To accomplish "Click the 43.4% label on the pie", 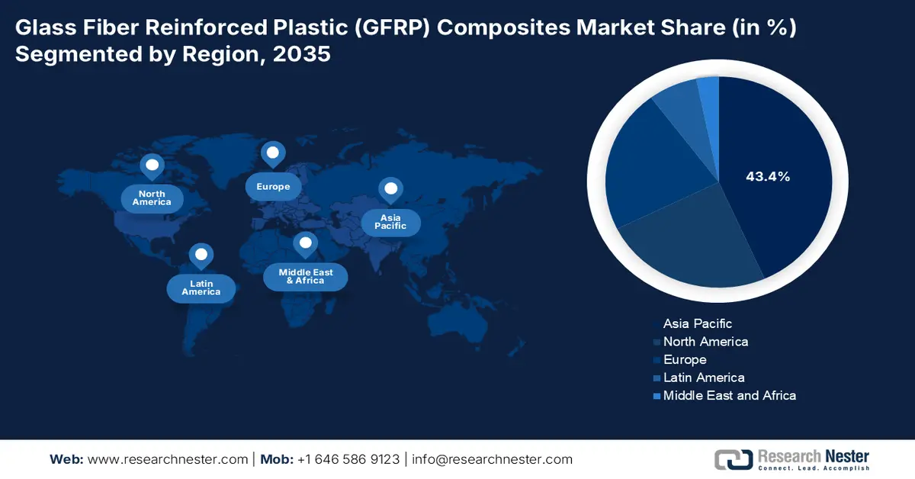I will pyautogui.click(x=767, y=176).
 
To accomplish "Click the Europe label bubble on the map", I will pyautogui.click(x=273, y=187).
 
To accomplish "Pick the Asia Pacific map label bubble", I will pyautogui.click(x=390, y=222).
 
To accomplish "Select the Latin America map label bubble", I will pyautogui.click(x=201, y=288).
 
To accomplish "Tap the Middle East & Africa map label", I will pyautogui.click(x=305, y=277).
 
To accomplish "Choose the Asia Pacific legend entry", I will pyautogui.click(x=697, y=323).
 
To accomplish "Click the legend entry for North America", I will pyautogui.click(x=705, y=342).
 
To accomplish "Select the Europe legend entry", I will pyautogui.click(x=684, y=359).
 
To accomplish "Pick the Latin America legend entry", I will pyautogui.click(x=703, y=378).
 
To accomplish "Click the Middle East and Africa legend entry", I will pyautogui.click(x=728, y=395).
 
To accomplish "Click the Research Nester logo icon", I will pyautogui.click(x=733, y=458).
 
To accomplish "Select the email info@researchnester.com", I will pyautogui.click(x=492, y=459).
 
